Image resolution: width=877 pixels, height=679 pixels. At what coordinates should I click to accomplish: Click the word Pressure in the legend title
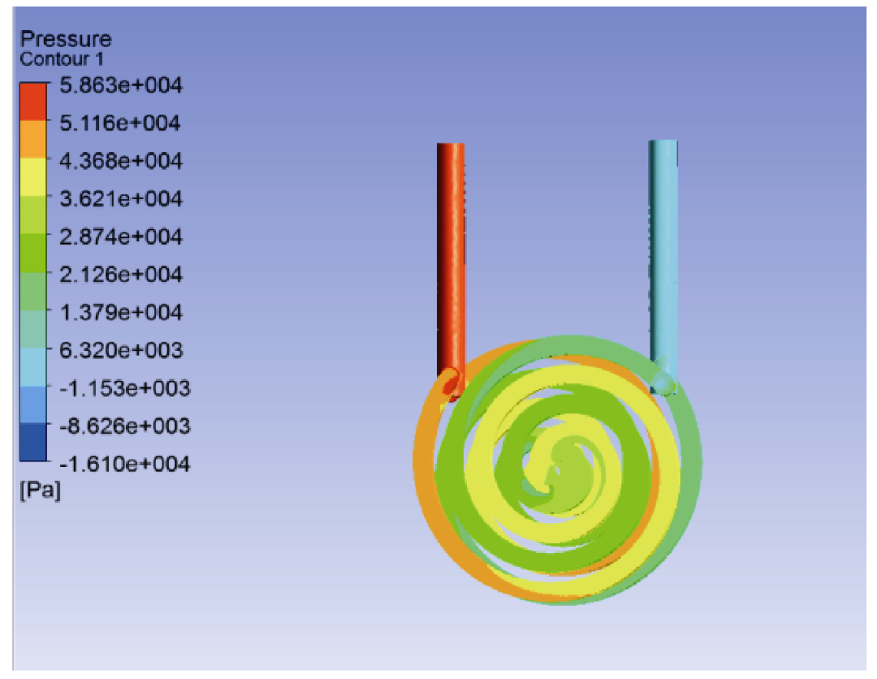66,39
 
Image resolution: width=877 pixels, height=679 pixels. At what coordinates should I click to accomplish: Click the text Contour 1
62,59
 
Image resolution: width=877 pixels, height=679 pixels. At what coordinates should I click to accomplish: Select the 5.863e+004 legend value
121,85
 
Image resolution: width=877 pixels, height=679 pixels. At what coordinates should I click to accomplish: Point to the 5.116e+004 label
120,123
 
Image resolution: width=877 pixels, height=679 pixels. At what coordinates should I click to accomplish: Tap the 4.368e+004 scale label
121,161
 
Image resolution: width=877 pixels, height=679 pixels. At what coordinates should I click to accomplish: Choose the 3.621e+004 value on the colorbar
121,199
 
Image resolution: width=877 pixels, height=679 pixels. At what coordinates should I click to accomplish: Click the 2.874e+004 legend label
121,237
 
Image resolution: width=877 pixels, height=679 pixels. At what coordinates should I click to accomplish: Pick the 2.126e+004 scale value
121,275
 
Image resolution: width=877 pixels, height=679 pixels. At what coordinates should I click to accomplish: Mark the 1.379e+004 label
121,313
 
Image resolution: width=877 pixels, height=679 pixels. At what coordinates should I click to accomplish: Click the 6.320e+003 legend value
121,351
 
